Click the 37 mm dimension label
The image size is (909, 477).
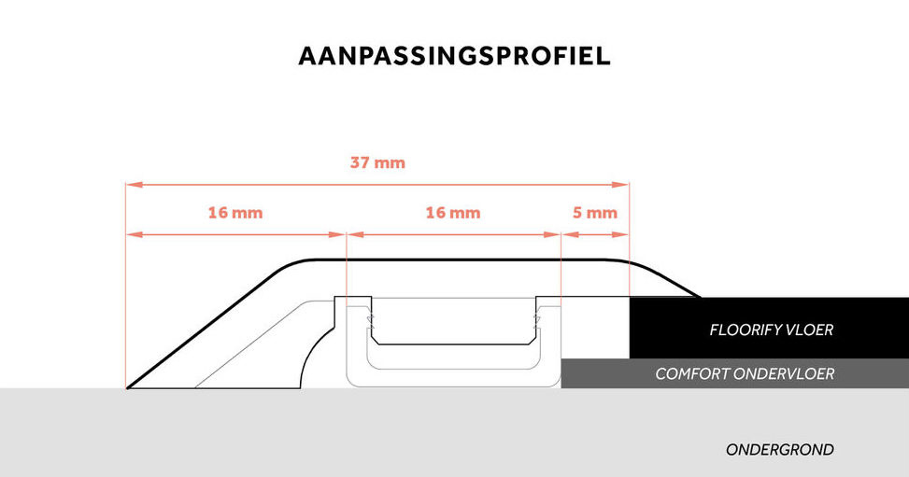[x=377, y=162]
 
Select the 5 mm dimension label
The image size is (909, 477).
[x=594, y=213]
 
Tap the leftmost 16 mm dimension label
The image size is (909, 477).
[x=234, y=213]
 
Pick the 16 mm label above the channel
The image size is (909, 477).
[x=452, y=213]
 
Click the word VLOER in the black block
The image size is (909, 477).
[x=808, y=330]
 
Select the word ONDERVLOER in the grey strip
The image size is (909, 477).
[x=788, y=374]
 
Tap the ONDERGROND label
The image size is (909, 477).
[x=779, y=450]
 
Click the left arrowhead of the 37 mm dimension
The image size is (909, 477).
[x=131, y=185]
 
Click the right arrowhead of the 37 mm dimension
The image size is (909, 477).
[x=624, y=185]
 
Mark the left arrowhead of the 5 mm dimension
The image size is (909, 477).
[x=565, y=234]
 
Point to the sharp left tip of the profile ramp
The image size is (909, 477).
[x=128, y=387]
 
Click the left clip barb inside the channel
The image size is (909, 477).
[x=369, y=322]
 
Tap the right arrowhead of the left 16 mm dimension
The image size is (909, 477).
[x=341, y=234]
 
